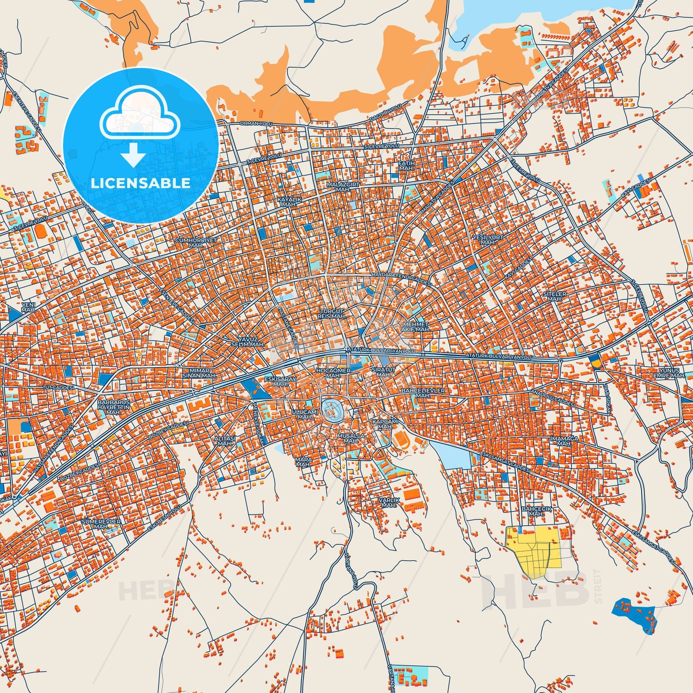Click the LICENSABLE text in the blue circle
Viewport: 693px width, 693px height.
click(x=141, y=183)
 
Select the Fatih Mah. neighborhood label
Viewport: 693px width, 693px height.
click(x=406, y=166)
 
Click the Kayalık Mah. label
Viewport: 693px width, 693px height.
click(x=289, y=201)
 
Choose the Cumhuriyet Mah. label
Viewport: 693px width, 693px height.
click(x=196, y=242)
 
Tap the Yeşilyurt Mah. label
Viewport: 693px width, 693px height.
click(x=488, y=240)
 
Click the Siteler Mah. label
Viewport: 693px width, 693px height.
click(x=554, y=296)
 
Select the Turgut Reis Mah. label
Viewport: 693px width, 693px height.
click(x=332, y=314)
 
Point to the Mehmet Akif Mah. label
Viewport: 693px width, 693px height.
click(x=416, y=327)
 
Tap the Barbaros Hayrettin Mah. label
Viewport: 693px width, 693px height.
click(x=114, y=407)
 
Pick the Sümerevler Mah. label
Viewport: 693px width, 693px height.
click(x=101, y=523)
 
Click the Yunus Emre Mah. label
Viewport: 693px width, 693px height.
click(x=669, y=373)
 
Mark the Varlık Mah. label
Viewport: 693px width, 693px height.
click(x=388, y=502)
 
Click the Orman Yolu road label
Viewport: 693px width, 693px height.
click(x=256, y=124)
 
